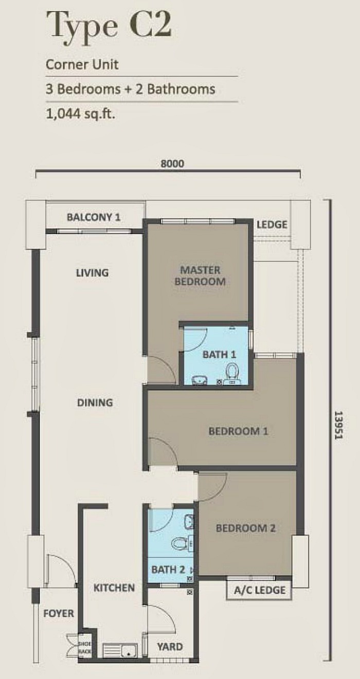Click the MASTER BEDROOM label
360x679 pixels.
pyautogui.click(x=200, y=276)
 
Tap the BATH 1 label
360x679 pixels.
pyautogui.click(x=219, y=354)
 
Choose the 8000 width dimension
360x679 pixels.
pyautogui.click(x=172, y=163)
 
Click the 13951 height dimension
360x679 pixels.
pyautogui.click(x=338, y=425)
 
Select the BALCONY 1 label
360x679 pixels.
pyautogui.click(x=94, y=217)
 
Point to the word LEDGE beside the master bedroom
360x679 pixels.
pyautogui.click(x=272, y=225)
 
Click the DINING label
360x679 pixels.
pyautogui.click(x=95, y=402)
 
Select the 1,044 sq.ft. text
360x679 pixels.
pyautogui.click(x=81, y=114)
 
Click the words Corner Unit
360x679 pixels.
pyautogui.click(x=82, y=65)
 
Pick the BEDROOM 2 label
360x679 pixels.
pyautogui.click(x=246, y=528)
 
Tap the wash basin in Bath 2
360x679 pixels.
pyautogui.click(x=189, y=521)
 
